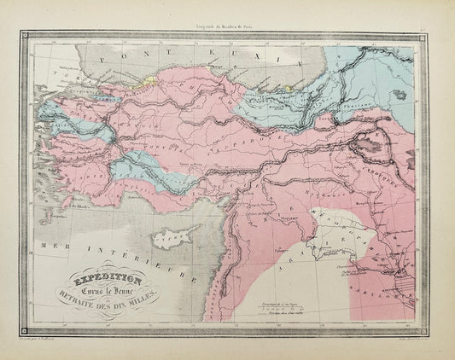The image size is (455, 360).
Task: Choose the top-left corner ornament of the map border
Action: [24, 38]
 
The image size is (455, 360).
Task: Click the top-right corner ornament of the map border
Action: [432, 38]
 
